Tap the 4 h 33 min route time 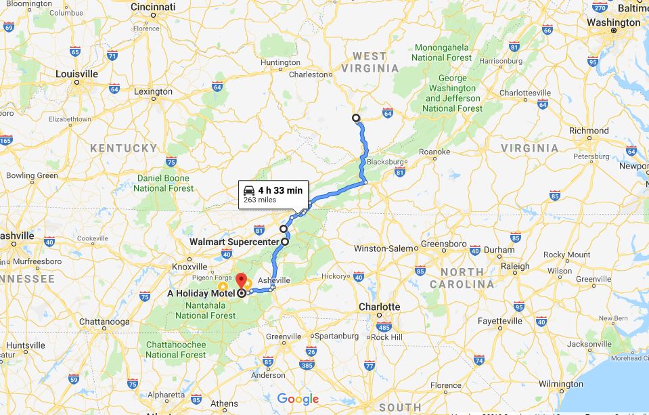tap(280, 190)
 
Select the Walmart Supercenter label tap(233, 242)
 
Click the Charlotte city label tap(379, 307)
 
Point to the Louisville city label tap(76, 74)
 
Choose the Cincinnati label tap(153, 7)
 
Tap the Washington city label tap(613, 22)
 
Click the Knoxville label tap(189, 267)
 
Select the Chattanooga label tap(104, 321)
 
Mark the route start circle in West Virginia tap(356, 118)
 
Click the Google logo tap(298, 399)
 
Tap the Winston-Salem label tap(384, 248)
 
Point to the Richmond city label tap(589, 131)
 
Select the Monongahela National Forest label tap(442, 53)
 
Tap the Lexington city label tap(153, 91)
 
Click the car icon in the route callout tap(249, 190)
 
